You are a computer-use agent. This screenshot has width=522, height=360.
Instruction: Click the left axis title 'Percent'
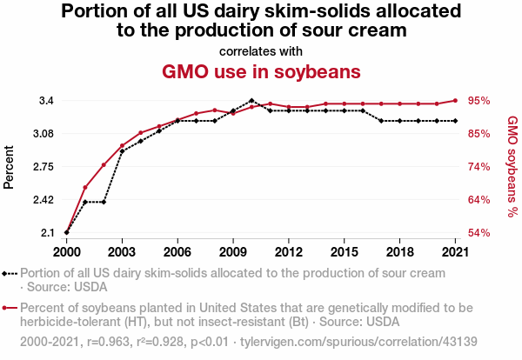(x=10, y=167)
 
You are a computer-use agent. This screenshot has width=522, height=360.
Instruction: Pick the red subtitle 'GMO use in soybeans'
(x=261, y=70)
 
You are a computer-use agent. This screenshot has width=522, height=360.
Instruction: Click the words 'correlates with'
(x=261, y=50)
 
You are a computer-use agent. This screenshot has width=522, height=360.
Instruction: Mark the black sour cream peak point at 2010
(x=251, y=101)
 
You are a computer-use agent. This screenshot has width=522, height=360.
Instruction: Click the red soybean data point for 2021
(x=455, y=100)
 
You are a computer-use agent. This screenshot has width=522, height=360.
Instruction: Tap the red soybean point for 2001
(x=85, y=187)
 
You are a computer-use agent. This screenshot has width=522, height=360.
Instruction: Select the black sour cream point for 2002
(x=104, y=202)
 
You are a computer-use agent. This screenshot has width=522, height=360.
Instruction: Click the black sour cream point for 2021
(x=455, y=121)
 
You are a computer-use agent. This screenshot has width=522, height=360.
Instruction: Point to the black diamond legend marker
(x=6, y=273)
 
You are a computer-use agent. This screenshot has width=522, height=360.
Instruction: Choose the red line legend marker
(x=6, y=308)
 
